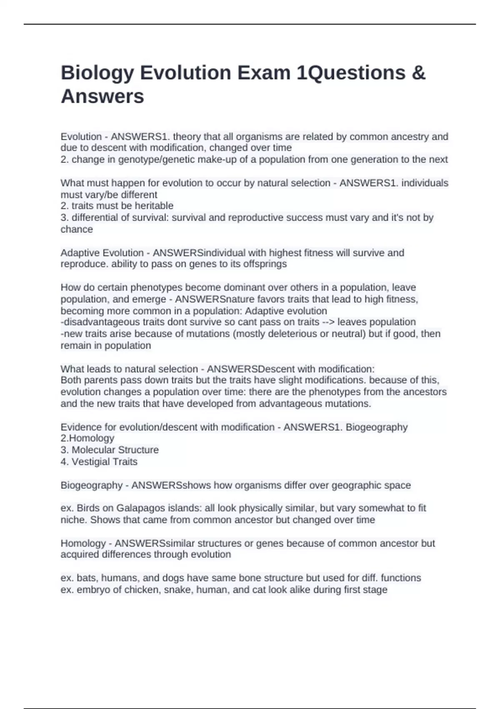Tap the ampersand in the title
tap(418, 73)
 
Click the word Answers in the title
tap(102, 96)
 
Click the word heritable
tap(153, 206)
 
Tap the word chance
tap(77, 229)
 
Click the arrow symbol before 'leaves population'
tap(328, 322)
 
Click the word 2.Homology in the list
tap(87, 438)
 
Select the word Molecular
tap(93, 450)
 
